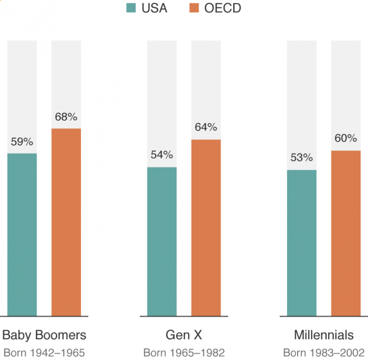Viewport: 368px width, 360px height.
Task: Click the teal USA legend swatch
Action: (131, 8)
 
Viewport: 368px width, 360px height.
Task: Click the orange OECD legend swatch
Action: (194, 8)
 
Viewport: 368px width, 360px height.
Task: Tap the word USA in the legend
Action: (154, 8)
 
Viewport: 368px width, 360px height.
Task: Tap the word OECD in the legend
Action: (223, 8)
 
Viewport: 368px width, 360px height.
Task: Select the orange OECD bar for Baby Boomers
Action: (66, 222)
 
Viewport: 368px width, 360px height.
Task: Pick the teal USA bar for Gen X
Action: (162, 241)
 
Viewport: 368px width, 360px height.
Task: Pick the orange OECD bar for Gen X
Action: (206, 228)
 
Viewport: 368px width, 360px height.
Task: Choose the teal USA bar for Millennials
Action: (302, 243)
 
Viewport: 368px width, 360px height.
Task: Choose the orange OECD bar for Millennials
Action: (346, 233)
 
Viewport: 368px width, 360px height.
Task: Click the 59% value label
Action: (22, 142)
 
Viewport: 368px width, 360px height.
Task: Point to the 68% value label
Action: (66, 117)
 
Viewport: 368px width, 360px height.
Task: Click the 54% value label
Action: (162, 155)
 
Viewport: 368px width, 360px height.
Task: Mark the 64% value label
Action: (206, 128)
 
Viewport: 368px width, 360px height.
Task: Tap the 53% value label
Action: (302, 158)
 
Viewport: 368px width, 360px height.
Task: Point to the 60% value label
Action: (346, 139)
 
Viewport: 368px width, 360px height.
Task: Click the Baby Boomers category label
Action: (44, 335)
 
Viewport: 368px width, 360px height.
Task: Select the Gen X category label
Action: (184, 335)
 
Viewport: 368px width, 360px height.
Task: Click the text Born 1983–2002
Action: (324, 353)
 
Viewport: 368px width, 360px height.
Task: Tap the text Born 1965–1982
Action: (184, 353)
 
